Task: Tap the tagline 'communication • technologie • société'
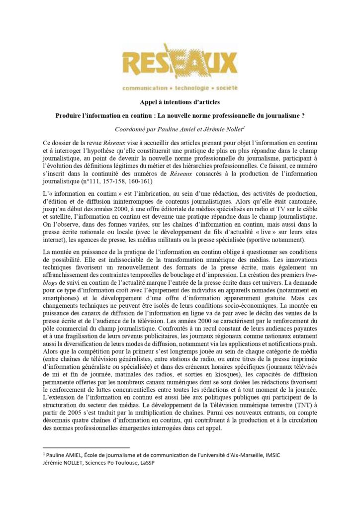pyautogui.click(x=180, y=88)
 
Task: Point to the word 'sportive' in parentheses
pyautogui.click(x=267, y=239)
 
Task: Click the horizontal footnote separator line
pyautogui.click(x=87, y=448)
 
